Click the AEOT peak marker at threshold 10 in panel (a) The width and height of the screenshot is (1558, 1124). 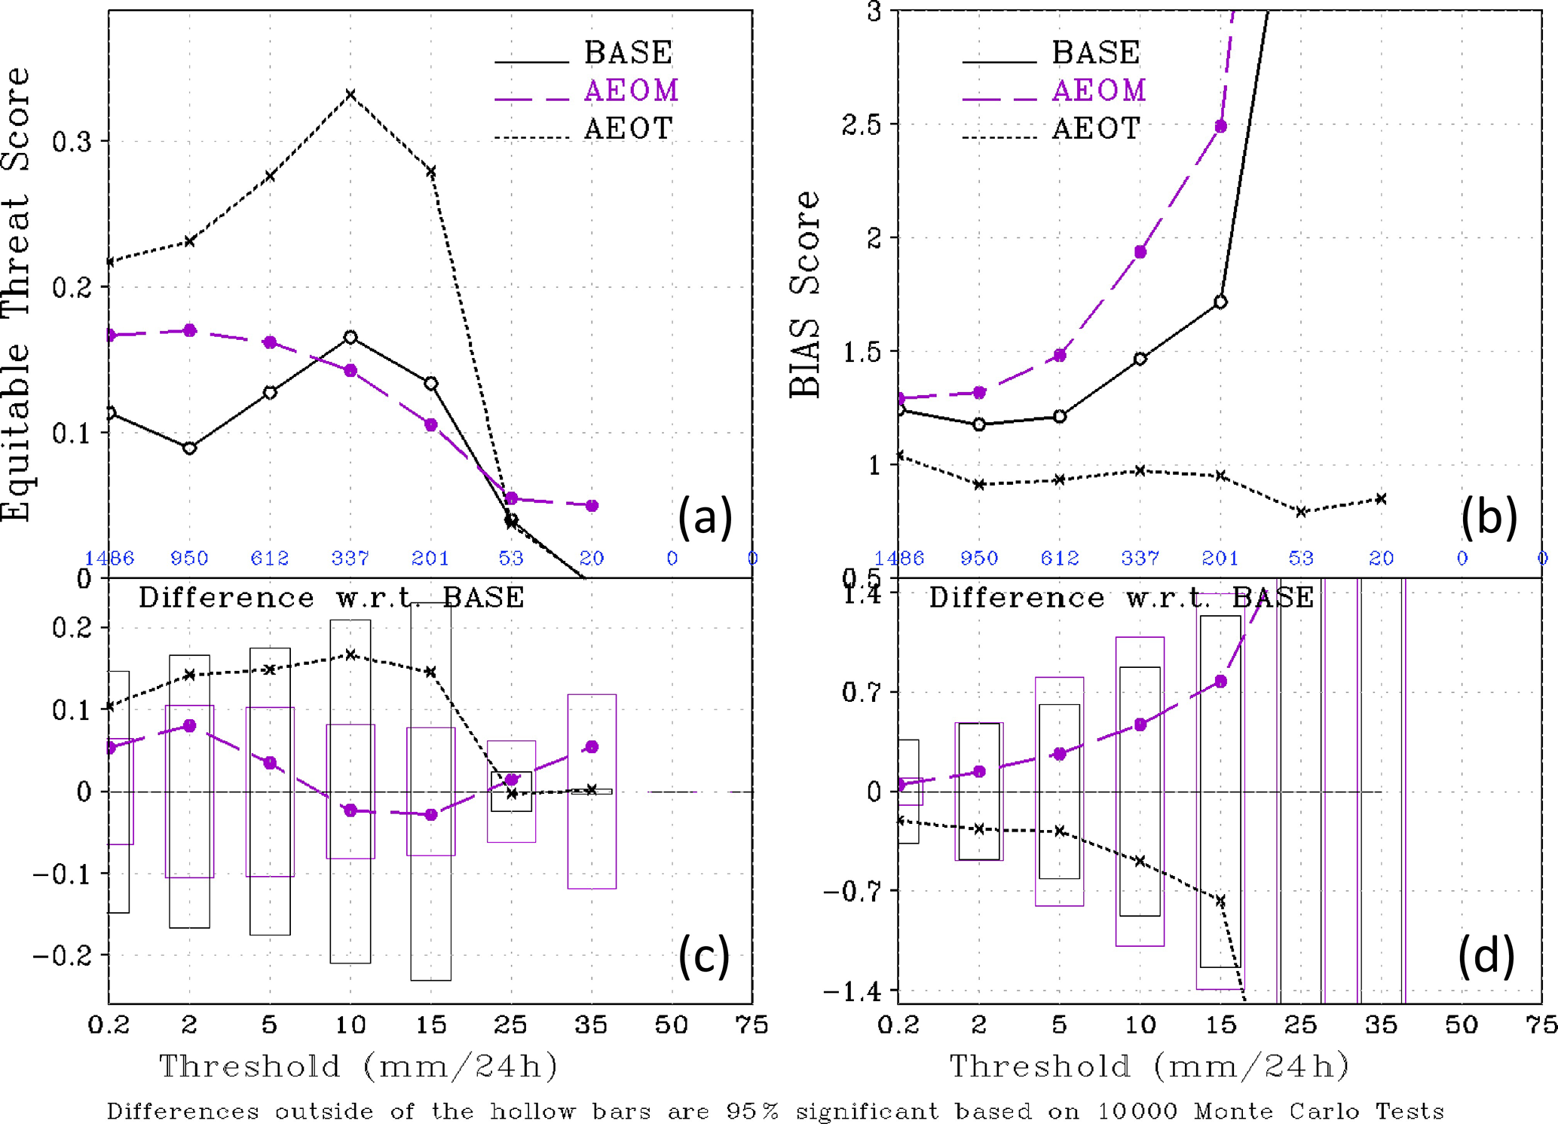click(x=350, y=95)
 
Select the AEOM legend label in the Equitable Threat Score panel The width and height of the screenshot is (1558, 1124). click(x=631, y=90)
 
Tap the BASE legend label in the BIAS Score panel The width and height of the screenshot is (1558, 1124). click(x=1095, y=53)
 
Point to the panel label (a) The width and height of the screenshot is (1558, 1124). click(x=705, y=517)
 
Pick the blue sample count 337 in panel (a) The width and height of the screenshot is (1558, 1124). click(x=350, y=559)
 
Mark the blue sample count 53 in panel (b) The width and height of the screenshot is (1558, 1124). click(x=1301, y=559)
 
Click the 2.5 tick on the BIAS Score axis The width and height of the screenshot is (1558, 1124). click(x=861, y=125)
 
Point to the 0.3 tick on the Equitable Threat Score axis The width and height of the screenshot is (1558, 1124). click(x=72, y=142)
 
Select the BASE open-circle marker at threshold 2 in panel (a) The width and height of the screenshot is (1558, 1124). click(x=190, y=448)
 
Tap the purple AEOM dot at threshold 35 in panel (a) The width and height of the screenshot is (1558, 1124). click(x=592, y=506)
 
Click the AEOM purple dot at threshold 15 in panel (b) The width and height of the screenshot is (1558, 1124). click(x=1221, y=127)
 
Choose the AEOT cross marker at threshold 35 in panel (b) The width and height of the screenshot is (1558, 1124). click(x=1381, y=499)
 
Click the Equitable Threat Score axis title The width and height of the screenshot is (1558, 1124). click(x=17, y=294)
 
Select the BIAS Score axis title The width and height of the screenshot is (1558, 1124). click(x=805, y=294)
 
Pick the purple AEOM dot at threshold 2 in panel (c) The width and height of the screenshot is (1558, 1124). click(x=190, y=726)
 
